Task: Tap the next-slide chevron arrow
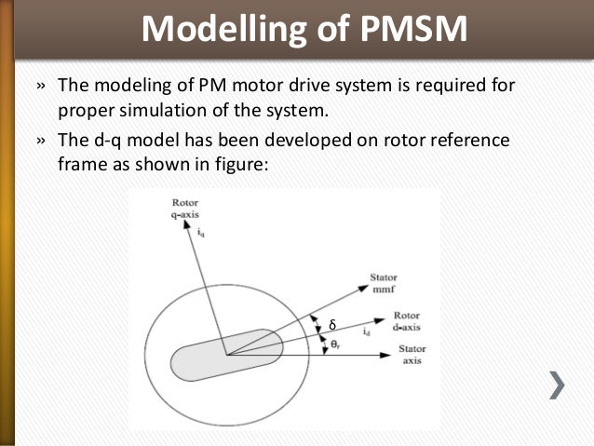[x=557, y=385]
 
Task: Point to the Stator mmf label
[x=384, y=281]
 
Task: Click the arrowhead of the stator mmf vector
[x=364, y=288]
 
